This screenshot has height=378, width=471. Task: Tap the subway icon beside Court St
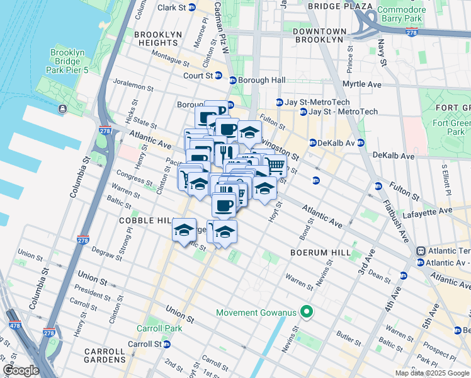pyautogui.click(x=218, y=76)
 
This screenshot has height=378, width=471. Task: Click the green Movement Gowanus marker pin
pyautogui.click(x=307, y=311)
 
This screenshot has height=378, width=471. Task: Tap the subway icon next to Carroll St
pyautogui.click(x=166, y=345)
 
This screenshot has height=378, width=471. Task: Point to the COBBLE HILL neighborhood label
pyautogui.click(x=145, y=221)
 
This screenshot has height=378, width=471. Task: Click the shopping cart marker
pyautogui.click(x=275, y=166)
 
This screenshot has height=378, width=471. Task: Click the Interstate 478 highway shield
pyautogui.click(x=12, y=326)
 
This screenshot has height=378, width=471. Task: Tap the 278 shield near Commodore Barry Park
pyautogui.click(x=411, y=31)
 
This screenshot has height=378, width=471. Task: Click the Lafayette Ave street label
pyautogui.click(x=431, y=210)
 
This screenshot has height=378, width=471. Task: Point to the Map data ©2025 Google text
pyautogui.click(x=431, y=373)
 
